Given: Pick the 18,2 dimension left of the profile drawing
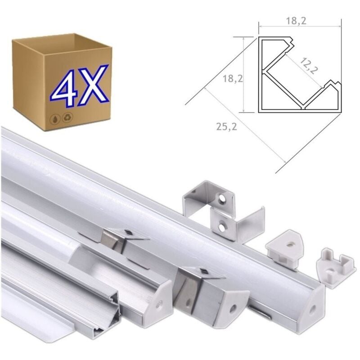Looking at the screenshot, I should [233, 78].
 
